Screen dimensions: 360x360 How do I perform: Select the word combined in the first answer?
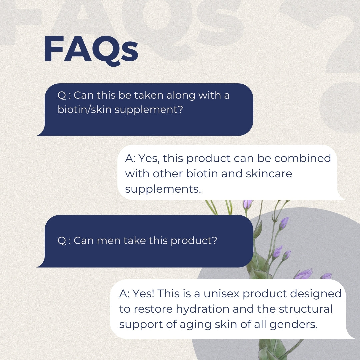pos(302,158)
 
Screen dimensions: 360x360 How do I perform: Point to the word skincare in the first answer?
pos(269,174)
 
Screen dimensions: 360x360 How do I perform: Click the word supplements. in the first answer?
pos(163,190)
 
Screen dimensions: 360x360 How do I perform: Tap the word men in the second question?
pos(109,241)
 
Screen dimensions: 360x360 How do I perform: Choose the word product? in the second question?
pos(194,241)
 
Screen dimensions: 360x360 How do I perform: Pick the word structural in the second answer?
pos(306,309)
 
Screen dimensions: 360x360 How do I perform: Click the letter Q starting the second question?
pos(62,241)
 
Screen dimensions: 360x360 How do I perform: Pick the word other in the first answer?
pos(168,174)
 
